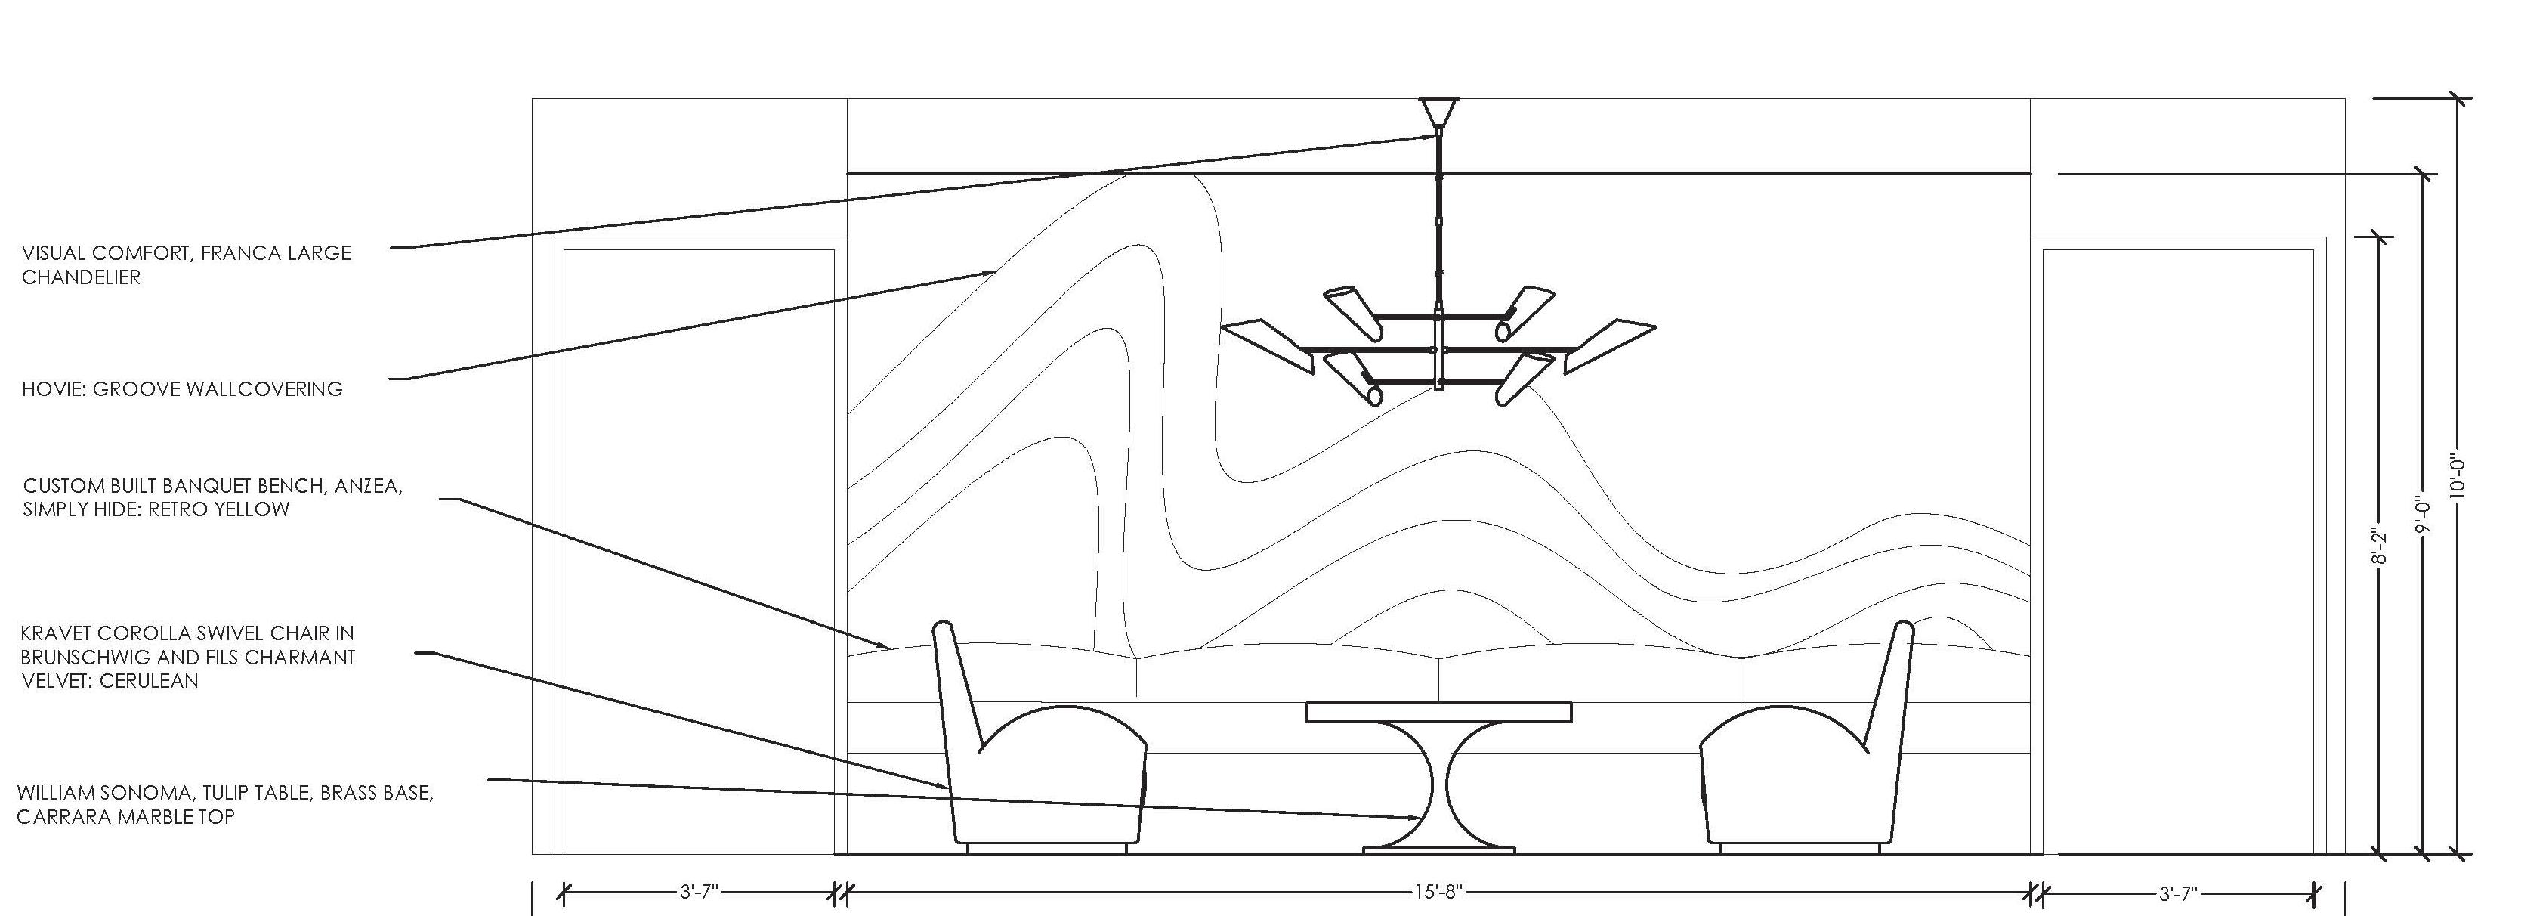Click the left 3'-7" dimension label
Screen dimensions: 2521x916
tap(699, 893)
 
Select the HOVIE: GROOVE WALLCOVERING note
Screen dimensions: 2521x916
tap(182, 389)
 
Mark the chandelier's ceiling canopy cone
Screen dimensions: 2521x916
tap(1438, 110)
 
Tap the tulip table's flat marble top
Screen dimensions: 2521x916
tap(1438, 711)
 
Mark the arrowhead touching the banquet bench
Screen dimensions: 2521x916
tap(885, 646)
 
